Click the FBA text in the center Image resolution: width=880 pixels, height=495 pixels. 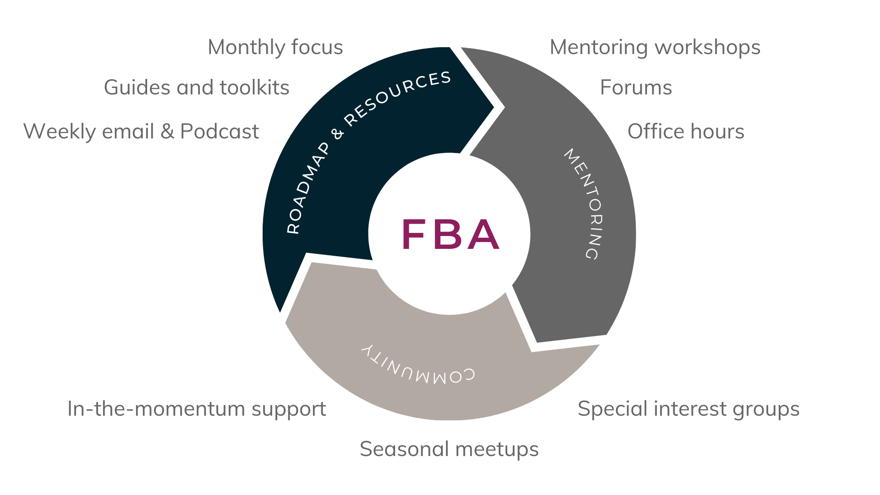pos(451,234)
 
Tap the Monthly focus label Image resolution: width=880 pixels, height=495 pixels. pos(275,47)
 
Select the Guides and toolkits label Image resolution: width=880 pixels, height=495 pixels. pos(196,88)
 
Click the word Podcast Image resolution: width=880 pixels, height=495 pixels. pos(220,132)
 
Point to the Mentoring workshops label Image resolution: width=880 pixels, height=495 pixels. pos(654,47)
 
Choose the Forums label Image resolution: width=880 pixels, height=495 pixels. pos(636,88)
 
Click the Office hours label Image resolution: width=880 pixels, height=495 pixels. pos(685,132)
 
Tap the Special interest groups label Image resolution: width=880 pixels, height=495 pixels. pos(688,409)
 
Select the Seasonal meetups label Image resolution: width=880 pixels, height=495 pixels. pos(449,449)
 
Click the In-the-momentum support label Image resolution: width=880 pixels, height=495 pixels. pos(196,409)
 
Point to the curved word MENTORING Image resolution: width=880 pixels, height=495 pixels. pos(585,204)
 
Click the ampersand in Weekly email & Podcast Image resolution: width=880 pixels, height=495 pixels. pos(167,132)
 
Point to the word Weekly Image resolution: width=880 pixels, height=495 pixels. pos(59,132)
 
